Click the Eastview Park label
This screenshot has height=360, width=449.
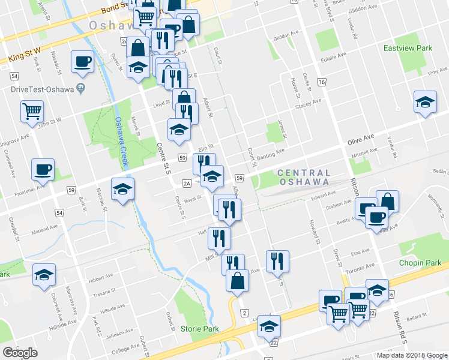pos(408,47)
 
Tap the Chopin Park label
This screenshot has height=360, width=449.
pos(420,263)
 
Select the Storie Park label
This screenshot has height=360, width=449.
pos(199,329)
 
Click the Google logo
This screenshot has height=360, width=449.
pos(20,353)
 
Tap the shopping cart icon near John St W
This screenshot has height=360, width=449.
pos(32,110)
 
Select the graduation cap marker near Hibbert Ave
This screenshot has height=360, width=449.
pos(43,275)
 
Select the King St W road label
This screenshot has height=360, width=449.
pos(24,56)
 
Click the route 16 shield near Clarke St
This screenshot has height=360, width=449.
pos(322,82)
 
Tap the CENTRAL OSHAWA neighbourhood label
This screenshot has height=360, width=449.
pos(303,177)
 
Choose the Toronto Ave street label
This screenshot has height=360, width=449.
pos(362,265)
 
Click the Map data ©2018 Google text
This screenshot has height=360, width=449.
pos(411,355)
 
